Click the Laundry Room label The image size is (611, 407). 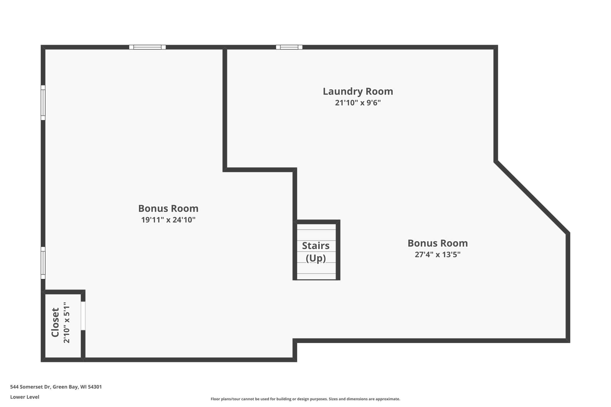pos(358,91)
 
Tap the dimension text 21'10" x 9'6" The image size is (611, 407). pos(358,103)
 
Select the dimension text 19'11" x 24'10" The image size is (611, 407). pos(168,220)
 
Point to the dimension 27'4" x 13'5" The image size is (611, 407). pos(437,254)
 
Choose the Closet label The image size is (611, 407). pos(55,322)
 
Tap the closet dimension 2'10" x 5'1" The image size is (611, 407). pos(67,322)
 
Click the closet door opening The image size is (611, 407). pos(83,316)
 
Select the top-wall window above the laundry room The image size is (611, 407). pos(289,47)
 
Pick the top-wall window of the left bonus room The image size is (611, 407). pos(147,47)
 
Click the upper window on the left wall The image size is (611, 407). pos(43,103)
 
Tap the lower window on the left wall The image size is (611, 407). pos(43,263)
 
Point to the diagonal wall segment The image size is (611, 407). pos(532,197)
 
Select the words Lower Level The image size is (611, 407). pos(25,397)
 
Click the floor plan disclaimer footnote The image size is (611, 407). pos(305,399)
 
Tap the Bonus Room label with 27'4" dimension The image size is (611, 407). pos(437,243)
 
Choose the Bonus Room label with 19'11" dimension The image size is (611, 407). pos(168,208)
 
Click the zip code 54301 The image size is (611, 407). pos(95,387)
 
